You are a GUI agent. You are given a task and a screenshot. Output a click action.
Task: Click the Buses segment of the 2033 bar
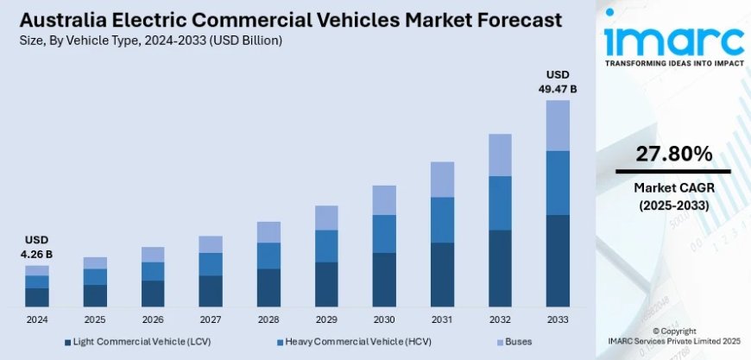click(558, 125)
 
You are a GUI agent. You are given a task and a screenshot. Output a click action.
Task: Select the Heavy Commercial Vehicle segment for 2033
click(558, 182)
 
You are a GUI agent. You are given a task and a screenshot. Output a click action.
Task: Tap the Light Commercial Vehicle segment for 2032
click(500, 268)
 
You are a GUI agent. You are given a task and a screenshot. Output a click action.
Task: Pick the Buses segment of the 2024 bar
click(37, 270)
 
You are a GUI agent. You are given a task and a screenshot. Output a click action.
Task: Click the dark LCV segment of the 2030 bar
click(384, 280)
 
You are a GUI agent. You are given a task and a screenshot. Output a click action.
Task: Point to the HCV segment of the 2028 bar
click(268, 256)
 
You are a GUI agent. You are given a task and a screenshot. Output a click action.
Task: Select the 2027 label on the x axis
click(211, 319)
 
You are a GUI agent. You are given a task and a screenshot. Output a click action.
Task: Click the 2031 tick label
click(442, 319)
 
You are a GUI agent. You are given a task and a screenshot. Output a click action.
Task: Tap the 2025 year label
click(95, 319)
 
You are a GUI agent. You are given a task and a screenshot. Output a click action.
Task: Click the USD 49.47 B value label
click(558, 81)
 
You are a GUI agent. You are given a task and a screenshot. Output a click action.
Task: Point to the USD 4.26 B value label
click(37, 247)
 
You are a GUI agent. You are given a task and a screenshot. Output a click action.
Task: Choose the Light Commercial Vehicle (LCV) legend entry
click(138, 343)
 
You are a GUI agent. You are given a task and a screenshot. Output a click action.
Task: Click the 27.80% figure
click(673, 155)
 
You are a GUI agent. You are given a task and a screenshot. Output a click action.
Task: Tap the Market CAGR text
click(673, 188)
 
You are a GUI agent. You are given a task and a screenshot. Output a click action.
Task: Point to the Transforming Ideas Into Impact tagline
click(673, 64)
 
